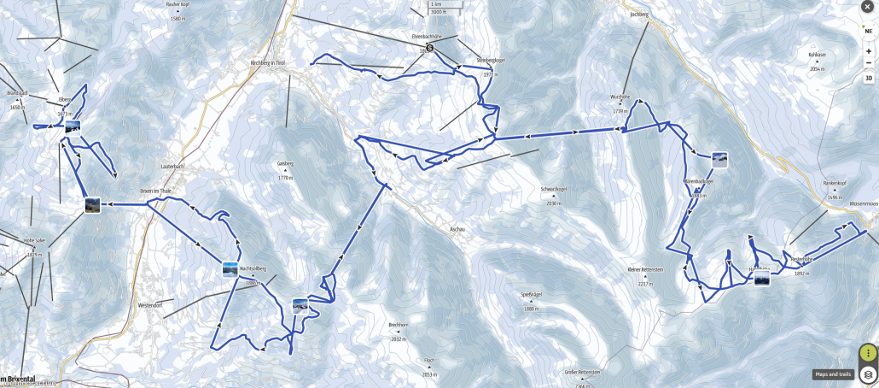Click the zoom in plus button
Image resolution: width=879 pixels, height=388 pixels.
868,50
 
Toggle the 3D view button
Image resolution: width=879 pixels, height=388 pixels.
868,78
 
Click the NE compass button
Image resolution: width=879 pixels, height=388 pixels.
868,30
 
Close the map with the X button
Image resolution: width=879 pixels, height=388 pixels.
868,9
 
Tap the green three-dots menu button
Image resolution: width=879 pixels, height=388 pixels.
868,353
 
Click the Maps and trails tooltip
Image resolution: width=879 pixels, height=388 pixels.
833,373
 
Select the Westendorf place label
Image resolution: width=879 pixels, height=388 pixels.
150,304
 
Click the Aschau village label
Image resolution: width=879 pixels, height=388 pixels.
457,230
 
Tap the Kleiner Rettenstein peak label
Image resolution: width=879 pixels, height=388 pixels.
645,269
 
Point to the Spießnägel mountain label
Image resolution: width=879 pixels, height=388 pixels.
533,294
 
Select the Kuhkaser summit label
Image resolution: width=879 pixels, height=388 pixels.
818,54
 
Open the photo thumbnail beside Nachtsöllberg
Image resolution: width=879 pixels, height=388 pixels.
230,270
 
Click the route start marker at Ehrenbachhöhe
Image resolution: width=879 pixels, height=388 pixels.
430,49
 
